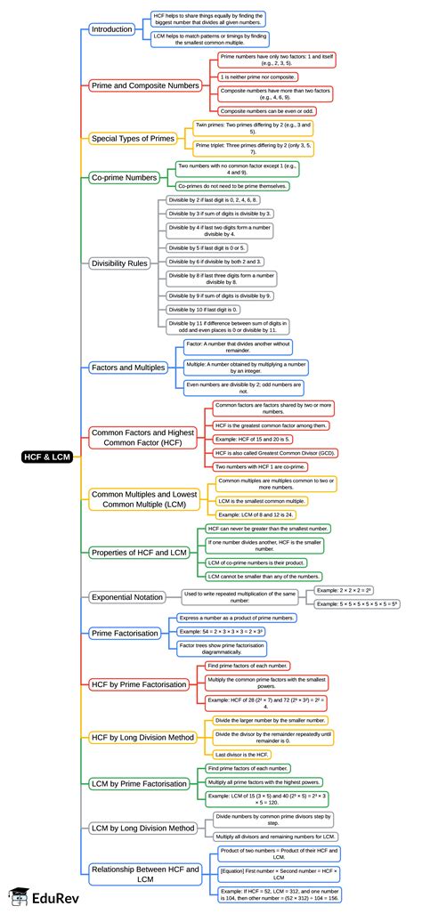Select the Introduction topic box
[x=111, y=29]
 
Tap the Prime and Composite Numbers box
[x=145, y=85]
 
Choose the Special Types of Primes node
[x=132, y=138]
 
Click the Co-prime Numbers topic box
[x=124, y=177]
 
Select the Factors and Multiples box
[x=127, y=367]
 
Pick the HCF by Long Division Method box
[x=142, y=737]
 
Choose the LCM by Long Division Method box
[x=142, y=828]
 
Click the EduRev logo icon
[x=16, y=897]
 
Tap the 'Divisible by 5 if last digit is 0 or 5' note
[x=209, y=247]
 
